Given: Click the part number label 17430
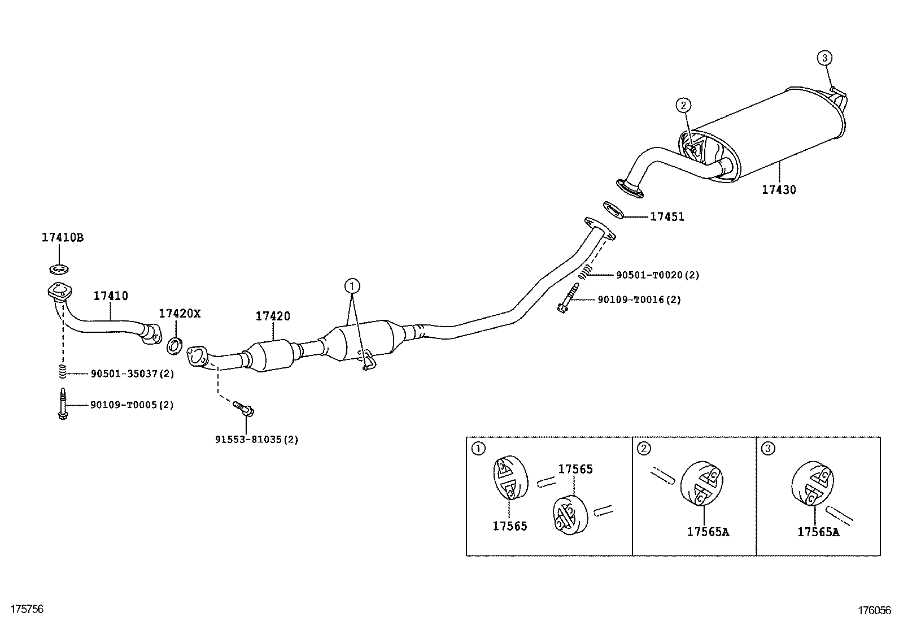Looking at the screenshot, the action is [779, 190].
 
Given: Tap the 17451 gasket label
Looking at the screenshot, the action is [667, 217].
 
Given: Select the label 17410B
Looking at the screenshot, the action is [63, 238].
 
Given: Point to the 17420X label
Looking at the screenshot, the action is [180, 314].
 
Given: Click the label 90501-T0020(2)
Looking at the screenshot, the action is [658, 275].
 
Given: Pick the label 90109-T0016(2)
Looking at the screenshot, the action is [639, 299].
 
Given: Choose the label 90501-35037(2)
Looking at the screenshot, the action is [133, 374].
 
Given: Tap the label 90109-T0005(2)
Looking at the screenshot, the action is [132, 405].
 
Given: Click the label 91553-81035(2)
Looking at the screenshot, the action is [257, 440].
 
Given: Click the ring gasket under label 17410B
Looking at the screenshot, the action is [59, 269].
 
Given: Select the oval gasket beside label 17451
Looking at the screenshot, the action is [614, 210].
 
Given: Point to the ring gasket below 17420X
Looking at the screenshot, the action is [174, 346].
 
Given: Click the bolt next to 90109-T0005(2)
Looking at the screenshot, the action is [62, 403].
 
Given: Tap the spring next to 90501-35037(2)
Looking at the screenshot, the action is [62, 371].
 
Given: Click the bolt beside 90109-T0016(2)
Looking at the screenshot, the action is [568, 298].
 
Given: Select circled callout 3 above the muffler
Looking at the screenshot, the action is [824, 58].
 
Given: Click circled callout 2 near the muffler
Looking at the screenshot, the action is [683, 105].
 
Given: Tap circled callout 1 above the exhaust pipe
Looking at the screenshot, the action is [352, 286].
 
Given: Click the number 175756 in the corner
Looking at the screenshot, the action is [27, 609].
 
